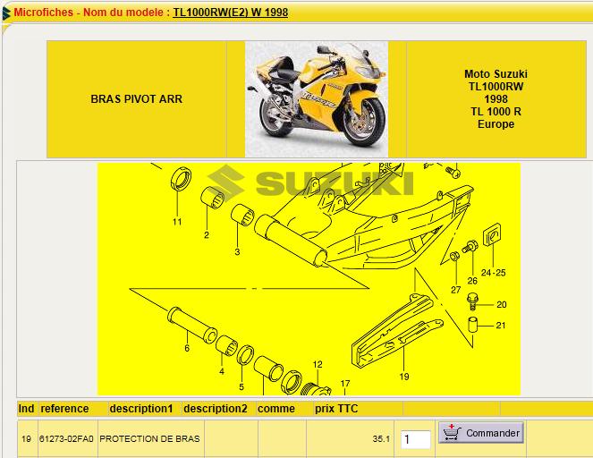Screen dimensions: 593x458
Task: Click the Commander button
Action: (481, 433)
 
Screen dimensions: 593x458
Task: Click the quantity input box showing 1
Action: (415, 439)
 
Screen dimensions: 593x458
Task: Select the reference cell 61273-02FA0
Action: (66, 438)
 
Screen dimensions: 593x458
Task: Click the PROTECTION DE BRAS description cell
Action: (149, 438)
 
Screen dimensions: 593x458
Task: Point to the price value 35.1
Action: (381, 438)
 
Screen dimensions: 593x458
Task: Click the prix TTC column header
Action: (336, 409)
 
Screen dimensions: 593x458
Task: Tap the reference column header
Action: (64, 409)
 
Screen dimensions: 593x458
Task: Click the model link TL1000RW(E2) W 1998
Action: (231, 13)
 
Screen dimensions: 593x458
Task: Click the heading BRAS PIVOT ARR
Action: (137, 99)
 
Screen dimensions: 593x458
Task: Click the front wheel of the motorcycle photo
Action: (363, 122)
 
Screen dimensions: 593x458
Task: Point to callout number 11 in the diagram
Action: (177, 222)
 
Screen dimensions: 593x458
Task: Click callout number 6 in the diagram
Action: (187, 348)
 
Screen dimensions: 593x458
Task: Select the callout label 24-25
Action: (493, 273)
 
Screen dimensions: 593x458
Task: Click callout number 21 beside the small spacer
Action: (501, 326)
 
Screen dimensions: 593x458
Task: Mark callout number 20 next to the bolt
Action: (502, 304)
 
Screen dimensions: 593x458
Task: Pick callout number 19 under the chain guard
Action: (404, 377)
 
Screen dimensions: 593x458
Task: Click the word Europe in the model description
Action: (496, 124)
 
